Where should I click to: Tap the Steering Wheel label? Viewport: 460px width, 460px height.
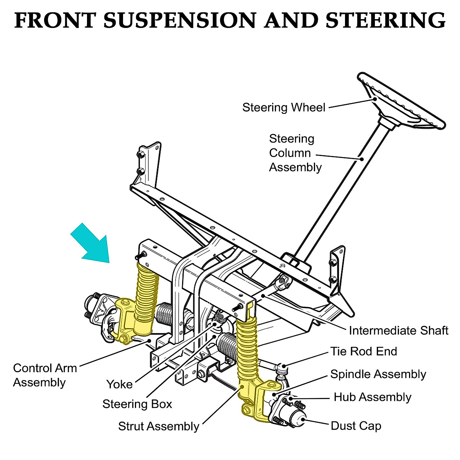(x=284, y=107)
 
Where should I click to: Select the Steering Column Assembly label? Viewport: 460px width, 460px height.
(x=295, y=153)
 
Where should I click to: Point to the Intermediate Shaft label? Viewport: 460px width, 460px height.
(x=399, y=330)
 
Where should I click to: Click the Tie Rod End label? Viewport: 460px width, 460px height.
(x=364, y=351)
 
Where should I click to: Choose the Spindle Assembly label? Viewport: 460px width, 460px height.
(x=378, y=374)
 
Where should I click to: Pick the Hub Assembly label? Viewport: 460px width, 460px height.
(x=372, y=397)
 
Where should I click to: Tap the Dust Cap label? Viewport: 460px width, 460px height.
(x=356, y=426)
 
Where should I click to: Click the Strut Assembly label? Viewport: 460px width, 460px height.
(x=159, y=426)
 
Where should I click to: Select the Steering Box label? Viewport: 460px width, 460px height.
(x=137, y=404)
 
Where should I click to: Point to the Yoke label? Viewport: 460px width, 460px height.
(x=120, y=384)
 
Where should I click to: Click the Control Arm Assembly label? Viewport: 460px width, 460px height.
(x=45, y=375)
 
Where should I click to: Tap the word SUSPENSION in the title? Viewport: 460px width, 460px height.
(x=180, y=20)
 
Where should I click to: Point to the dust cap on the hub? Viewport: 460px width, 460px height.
(x=299, y=418)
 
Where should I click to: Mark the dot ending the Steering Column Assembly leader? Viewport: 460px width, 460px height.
(x=361, y=158)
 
